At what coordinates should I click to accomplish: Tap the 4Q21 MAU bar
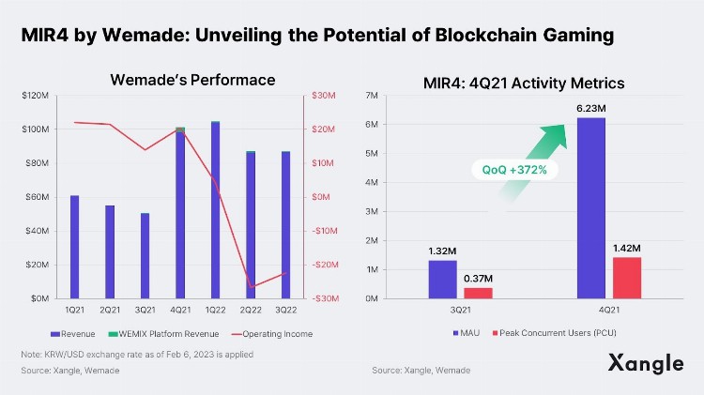point(590,207)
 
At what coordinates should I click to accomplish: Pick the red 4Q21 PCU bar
point(627,278)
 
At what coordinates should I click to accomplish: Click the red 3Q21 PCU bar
point(479,293)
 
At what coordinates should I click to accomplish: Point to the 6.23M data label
point(590,109)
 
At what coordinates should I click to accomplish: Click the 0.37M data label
point(479,279)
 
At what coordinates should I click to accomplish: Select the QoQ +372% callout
point(514,170)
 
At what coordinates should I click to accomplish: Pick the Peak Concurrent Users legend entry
point(555,333)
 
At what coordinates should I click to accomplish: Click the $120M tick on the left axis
point(37,96)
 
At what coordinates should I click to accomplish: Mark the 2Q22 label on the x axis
point(251,310)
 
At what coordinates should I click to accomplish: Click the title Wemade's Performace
point(192,80)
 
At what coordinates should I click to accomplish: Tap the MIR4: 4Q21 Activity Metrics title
point(523,84)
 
